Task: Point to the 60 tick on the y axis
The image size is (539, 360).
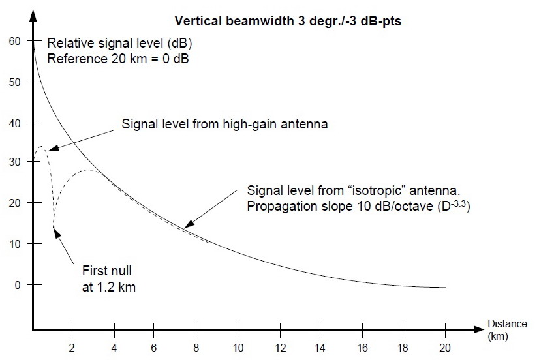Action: (14, 41)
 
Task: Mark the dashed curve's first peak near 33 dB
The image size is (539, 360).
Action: (41, 147)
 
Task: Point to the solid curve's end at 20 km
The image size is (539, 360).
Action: (446, 287)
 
